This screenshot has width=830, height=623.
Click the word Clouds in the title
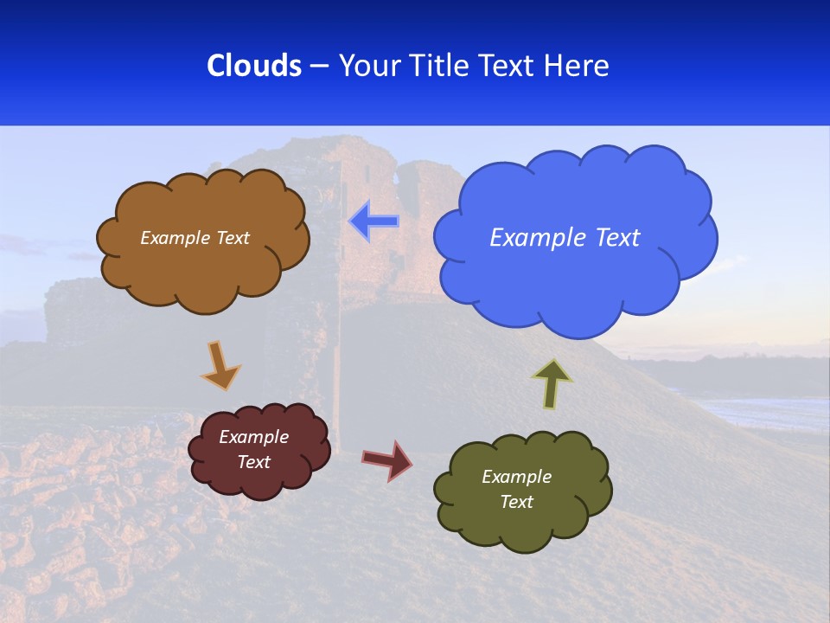[254, 66]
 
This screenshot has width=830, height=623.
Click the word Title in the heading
[438, 66]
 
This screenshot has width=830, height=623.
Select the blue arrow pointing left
[373, 222]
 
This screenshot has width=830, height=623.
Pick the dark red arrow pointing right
[387, 459]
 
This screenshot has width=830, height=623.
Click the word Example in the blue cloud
[532, 238]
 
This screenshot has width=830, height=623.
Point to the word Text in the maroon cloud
[254, 462]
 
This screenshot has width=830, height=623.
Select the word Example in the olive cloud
[516, 477]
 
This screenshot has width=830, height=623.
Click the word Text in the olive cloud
[516, 502]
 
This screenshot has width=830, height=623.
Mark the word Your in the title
[368, 66]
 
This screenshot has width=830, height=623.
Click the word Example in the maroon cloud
[254, 437]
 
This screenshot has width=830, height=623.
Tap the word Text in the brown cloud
[233, 238]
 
